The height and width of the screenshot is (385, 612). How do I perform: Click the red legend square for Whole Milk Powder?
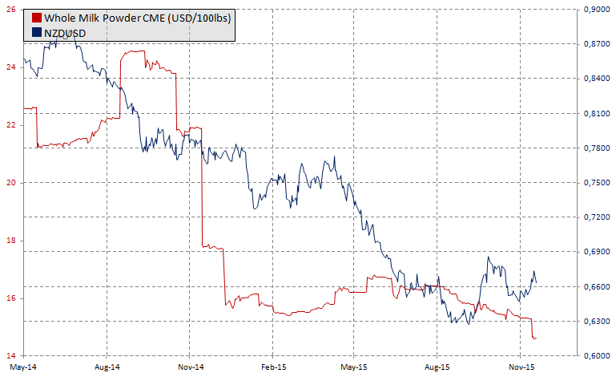point(35,18)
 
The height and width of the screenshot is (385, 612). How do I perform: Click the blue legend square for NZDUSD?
point(35,31)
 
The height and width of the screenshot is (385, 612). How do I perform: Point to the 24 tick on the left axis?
point(12,67)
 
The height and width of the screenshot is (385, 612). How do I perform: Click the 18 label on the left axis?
point(12,241)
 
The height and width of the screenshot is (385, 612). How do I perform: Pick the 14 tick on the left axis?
point(12,356)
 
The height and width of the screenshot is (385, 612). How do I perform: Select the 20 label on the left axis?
point(12,183)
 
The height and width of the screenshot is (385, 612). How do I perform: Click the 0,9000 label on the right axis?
point(594,10)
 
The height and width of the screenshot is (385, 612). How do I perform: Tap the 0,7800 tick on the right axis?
point(594,148)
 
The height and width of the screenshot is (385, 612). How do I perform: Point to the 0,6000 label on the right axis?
point(594,356)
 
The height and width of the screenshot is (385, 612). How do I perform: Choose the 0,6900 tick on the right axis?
point(594,252)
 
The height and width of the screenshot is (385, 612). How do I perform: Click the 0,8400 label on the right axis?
point(594,79)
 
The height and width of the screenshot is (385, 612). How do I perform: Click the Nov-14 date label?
point(190,368)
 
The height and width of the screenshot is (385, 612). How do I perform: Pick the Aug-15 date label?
point(437,368)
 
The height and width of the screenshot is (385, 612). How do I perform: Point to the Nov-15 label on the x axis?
point(521,368)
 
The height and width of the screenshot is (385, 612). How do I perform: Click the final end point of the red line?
point(536,338)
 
